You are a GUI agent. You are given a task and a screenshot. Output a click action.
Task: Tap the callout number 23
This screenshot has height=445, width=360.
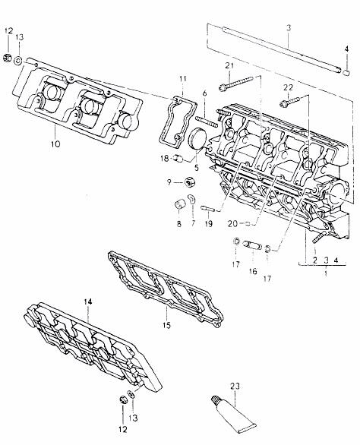pyautogui.click(x=235, y=387)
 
